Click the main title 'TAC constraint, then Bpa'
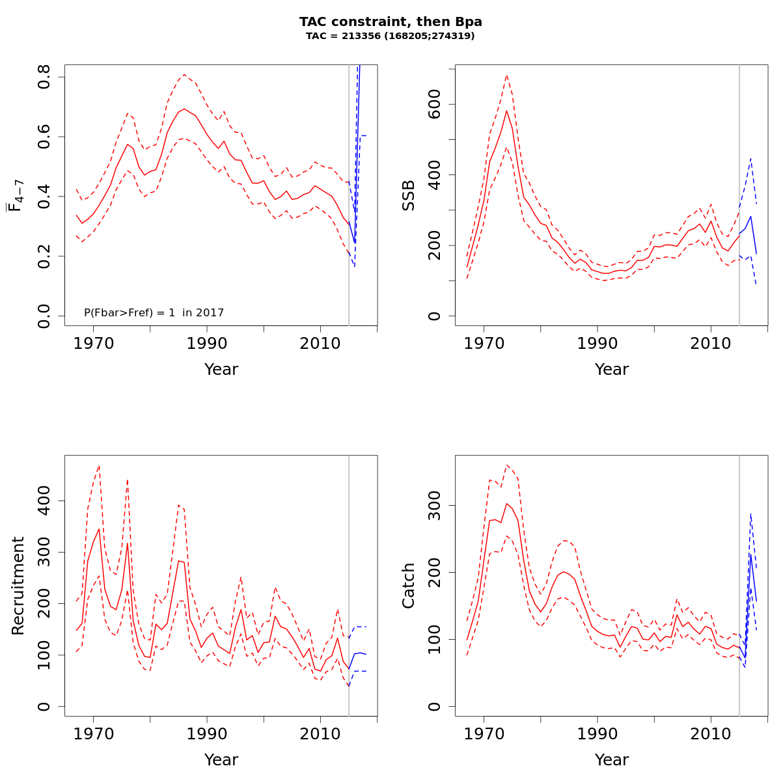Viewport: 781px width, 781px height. coord(390,22)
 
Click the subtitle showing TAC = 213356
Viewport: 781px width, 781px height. coord(390,36)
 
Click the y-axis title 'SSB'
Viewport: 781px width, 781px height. coord(409,195)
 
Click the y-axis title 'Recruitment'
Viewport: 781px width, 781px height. coord(18,586)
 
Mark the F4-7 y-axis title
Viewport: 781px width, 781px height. coord(16,195)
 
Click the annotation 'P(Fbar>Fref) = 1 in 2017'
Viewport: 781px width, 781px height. coord(154,313)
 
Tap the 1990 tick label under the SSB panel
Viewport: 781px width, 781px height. coord(597,343)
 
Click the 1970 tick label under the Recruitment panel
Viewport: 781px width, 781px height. coord(93,733)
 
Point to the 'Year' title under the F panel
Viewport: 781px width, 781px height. coord(221,370)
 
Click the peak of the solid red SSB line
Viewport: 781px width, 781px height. coord(506,111)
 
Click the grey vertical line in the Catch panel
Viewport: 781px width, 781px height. coord(739,586)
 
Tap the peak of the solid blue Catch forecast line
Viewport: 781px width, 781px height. coord(750,554)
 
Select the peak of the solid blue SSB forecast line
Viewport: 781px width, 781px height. coord(750,217)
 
